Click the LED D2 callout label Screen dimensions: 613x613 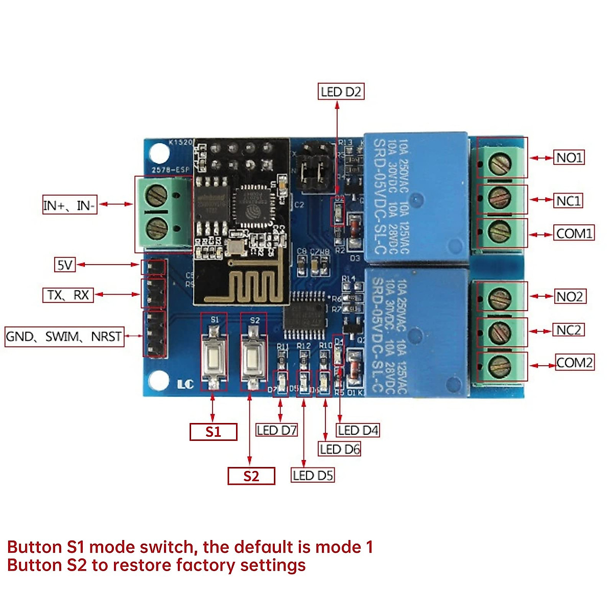[341, 91]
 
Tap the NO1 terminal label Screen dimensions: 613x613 [569, 157]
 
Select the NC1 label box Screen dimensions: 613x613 [569, 201]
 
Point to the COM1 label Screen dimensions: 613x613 [575, 233]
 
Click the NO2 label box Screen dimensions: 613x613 [569, 296]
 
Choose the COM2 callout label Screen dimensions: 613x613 [575, 363]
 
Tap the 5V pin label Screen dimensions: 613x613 [65, 265]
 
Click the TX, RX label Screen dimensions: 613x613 [68, 295]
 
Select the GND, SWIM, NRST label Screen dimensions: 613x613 [64, 337]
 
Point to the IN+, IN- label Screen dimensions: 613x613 [69, 205]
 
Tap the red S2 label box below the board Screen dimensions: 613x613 [251, 476]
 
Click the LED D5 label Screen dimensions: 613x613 [313, 475]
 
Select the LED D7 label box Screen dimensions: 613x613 [276, 430]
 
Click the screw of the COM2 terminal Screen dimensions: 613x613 [499, 366]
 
